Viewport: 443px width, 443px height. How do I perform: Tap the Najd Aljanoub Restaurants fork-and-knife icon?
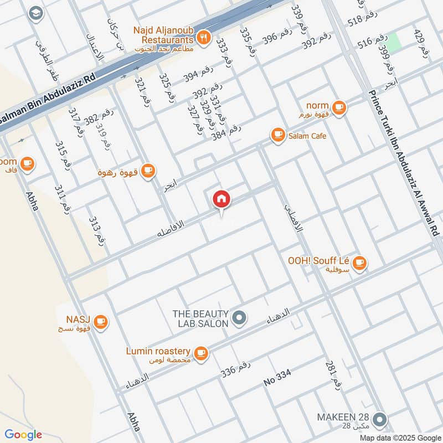(204, 38)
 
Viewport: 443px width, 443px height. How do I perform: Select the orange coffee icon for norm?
(339, 107)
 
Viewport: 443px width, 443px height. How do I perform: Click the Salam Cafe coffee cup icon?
(277, 135)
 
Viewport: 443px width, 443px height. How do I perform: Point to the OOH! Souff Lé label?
(318, 261)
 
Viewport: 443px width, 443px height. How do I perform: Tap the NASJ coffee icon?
(100, 321)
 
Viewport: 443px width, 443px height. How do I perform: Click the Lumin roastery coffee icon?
(200, 352)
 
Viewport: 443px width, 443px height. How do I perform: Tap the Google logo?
(23, 435)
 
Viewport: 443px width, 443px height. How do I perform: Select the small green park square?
(393, 43)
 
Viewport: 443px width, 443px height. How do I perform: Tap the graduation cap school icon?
(35, 13)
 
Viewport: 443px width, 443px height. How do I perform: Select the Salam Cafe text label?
(306, 136)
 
